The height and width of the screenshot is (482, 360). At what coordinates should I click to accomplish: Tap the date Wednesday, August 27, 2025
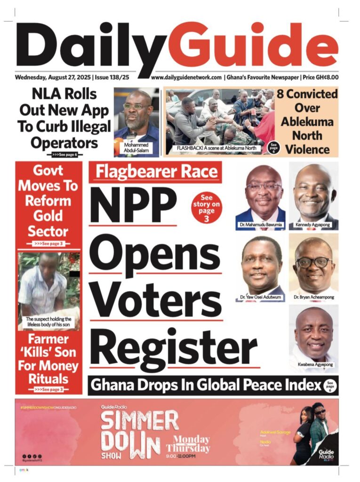click(53, 77)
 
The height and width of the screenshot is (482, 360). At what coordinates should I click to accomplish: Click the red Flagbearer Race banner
click(155, 172)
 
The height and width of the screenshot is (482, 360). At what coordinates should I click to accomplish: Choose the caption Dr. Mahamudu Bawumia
click(260, 225)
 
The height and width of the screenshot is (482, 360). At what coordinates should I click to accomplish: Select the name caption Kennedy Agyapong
click(313, 225)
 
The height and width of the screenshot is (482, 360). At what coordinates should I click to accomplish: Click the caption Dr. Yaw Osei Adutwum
click(260, 298)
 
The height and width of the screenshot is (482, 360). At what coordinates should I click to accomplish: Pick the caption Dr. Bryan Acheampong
click(313, 298)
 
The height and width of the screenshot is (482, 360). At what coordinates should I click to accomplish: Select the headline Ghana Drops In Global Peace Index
click(206, 386)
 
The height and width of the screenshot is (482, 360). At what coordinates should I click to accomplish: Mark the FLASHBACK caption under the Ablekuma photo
click(212, 148)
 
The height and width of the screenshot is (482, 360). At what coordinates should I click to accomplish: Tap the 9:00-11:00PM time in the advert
click(188, 457)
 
